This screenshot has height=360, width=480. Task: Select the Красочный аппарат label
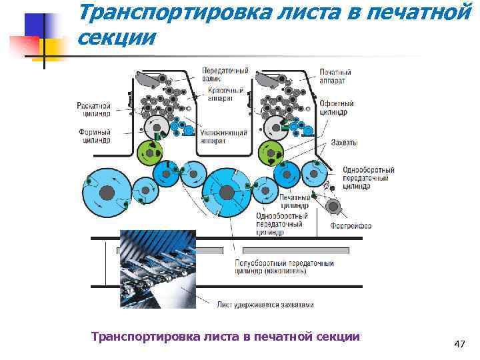coord(220,93)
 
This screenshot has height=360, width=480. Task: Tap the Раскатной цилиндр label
coord(93,109)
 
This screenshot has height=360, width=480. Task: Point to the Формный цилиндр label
coord(94,136)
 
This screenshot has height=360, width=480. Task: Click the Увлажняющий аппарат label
coord(223,137)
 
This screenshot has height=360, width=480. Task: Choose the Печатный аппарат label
coord(336,75)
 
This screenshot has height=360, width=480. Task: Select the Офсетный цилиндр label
coord(337,108)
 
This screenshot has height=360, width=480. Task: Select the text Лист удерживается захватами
coord(265,305)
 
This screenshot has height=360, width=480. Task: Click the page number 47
coord(459,344)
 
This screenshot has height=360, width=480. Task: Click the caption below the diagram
coord(225,337)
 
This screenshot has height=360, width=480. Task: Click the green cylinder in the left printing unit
coord(150,153)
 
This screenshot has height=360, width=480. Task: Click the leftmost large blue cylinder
coord(105,192)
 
